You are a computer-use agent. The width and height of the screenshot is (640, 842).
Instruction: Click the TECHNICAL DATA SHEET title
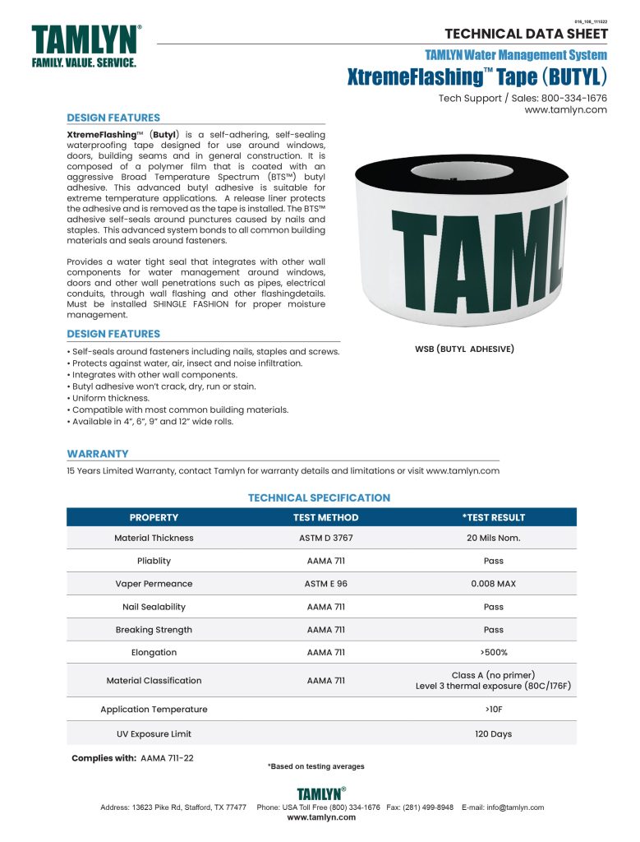(x=526, y=34)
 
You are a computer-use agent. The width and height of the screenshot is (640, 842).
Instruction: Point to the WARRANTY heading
(x=98, y=453)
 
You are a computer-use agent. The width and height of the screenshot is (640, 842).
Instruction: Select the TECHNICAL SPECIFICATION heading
(x=319, y=497)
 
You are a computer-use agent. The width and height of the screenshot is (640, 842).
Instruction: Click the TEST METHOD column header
(x=325, y=517)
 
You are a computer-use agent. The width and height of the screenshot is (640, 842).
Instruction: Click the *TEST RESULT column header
(x=493, y=517)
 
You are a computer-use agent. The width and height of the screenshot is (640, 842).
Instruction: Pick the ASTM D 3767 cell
(x=325, y=538)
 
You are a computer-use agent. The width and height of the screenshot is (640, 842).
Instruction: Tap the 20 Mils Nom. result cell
(x=493, y=538)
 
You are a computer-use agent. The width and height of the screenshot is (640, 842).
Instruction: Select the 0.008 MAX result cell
(x=493, y=584)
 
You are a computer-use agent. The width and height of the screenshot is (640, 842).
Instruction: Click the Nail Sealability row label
(x=154, y=607)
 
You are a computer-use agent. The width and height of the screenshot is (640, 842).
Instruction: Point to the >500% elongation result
(x=493, y=653)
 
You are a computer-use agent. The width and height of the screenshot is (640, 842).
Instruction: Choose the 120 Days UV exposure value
(x=493, y=733)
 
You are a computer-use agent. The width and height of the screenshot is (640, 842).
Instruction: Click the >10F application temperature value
(x=493, y=709)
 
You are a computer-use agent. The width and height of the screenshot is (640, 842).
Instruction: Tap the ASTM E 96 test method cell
(x=325, y=584)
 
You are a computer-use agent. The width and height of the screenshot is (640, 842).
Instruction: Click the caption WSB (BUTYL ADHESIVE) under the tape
(x=464, y=349)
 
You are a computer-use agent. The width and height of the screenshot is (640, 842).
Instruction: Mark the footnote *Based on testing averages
(x=315, y=766)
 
